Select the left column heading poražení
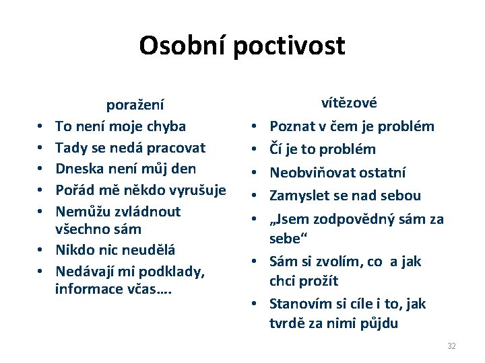[135, 105]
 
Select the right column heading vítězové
[349, 103]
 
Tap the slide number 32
[451, 346]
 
